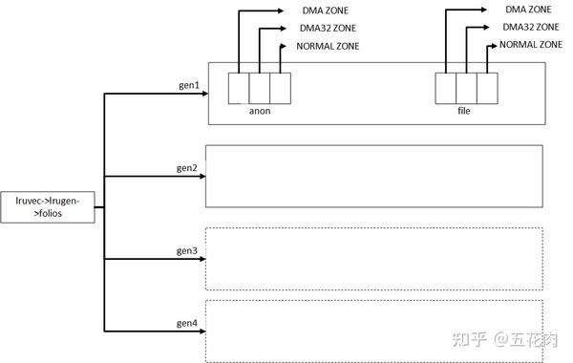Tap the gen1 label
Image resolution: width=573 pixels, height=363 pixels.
tap(187, 85)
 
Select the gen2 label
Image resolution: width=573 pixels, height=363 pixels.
tap(187, 168)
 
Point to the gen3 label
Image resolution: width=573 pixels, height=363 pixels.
tap(187, 250)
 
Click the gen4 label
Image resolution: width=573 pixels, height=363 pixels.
tap(187, 324)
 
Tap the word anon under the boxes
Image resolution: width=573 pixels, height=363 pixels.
tap(259, 111)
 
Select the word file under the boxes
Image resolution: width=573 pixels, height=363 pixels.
tap(464, 111)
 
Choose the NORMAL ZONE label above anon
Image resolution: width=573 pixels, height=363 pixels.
tap(328, 45)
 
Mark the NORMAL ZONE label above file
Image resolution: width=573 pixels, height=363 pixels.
tap(531, 44)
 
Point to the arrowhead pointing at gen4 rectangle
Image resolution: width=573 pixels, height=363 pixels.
tap(201, 332)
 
